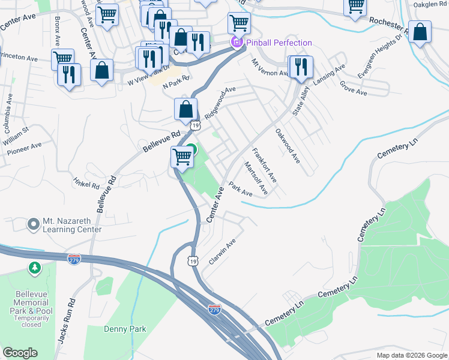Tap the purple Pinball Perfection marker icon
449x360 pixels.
point(237,43)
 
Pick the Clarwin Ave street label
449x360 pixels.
point(222,253)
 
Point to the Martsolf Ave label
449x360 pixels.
point(255,178)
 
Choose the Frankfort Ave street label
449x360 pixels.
point(264,165)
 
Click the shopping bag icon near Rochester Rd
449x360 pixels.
point(421,34)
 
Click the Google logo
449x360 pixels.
point(20,353)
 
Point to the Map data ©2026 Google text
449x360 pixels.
point(411,355)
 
